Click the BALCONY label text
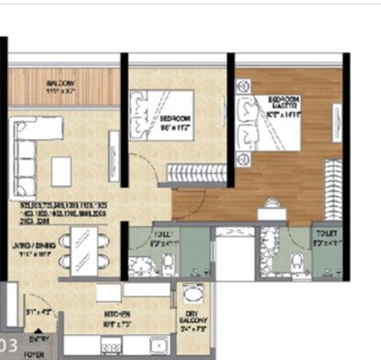61,83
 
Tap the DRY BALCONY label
191,318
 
